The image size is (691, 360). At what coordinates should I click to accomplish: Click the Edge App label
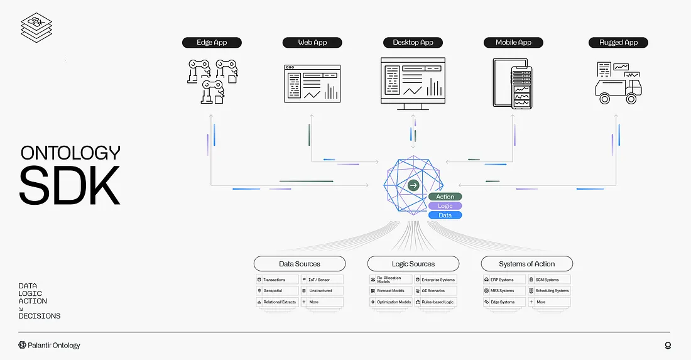(x=211, y=43)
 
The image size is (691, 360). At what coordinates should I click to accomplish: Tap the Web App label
(x=312, y=43)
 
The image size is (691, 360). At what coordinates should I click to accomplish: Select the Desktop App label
(x=413, y=43)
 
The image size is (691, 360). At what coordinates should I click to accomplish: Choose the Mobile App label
(x=513, y=43)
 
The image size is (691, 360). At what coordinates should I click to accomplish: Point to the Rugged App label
(x=618, y=43)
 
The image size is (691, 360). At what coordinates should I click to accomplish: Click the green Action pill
(x=445, y=197)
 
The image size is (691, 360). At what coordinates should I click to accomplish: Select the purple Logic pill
(x=445, y=206)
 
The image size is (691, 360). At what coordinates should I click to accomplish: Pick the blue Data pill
(x=445, y=215)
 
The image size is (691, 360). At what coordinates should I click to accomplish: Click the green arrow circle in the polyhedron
(x=413, y=185)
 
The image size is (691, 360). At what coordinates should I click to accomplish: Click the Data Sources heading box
(x=300, y=264)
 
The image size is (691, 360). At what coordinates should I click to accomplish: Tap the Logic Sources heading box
(x=413, y=264)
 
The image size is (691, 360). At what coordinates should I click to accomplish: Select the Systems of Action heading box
(x=526, y=264)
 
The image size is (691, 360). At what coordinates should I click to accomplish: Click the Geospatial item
(x=276, y=291)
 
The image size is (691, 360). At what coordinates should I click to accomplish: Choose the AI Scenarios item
(x=435, y=291)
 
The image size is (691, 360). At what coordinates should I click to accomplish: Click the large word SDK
(x=69, y=184)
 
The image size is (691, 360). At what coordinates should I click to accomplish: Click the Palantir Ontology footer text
(x=50, y=345)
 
